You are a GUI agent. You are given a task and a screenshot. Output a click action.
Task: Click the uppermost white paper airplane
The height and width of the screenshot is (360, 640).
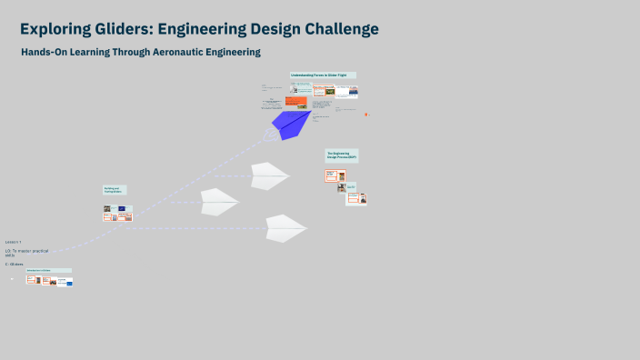[x=269, y=175]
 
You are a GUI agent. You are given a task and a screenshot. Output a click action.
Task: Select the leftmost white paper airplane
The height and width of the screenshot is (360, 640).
[x=218, y=200]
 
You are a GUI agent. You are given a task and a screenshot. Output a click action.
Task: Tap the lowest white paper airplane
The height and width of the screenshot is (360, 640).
[x=285, y=227]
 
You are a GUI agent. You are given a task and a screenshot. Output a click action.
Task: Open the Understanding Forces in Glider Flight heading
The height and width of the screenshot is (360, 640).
[x=323, y=75]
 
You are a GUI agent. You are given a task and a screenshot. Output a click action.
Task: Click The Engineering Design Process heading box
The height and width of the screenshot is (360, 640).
[x=342, y=155]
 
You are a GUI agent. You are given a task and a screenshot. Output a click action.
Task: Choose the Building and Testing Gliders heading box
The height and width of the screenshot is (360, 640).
[x=114, y=190]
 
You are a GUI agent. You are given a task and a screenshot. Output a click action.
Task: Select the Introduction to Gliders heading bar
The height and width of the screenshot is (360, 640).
[x=49, y=270]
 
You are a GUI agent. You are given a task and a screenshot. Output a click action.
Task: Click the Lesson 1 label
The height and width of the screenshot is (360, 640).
[x=13, y=242]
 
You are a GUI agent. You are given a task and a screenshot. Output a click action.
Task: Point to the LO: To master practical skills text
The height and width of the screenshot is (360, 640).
[x=25, y=252]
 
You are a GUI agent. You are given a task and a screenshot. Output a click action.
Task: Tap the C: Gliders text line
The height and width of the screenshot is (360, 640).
[x=14, y=264]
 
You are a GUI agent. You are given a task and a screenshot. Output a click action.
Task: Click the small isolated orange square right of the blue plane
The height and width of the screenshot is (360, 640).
[x=366, y=115]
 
